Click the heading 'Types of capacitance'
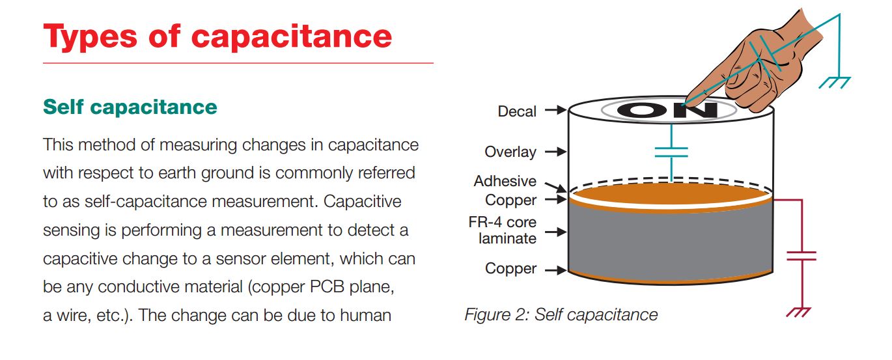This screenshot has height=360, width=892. pyautogui.click(x=217, y=36)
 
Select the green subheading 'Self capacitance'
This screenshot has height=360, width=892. pyautogui.click(x=130, y=107)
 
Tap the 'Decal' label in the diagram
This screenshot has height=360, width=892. pyautogui.click(x=517, y=111)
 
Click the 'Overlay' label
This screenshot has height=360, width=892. pyautogui.click(x=510, y=152)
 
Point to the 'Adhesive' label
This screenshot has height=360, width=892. pyautogui.click(x=505, y=181)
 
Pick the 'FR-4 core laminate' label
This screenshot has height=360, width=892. pyautogui.click(x=503, y=230)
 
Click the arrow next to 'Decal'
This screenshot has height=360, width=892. pyautogui.click(x=555, y=111)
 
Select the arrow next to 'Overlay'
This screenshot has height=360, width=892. pyautogui.click(x=555, y=152)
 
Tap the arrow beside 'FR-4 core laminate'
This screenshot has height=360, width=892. pyautogui.click(x=555, y=231)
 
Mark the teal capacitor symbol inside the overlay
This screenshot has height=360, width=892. pyautogui.click(x=671, y=152)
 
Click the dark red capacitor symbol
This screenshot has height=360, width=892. pyautogui.click(x=801, y=255)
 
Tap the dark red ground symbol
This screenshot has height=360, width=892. pyautogui.click(x=798, y=311)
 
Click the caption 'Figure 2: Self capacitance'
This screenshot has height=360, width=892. pyautogui.click(x=561, y=315)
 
